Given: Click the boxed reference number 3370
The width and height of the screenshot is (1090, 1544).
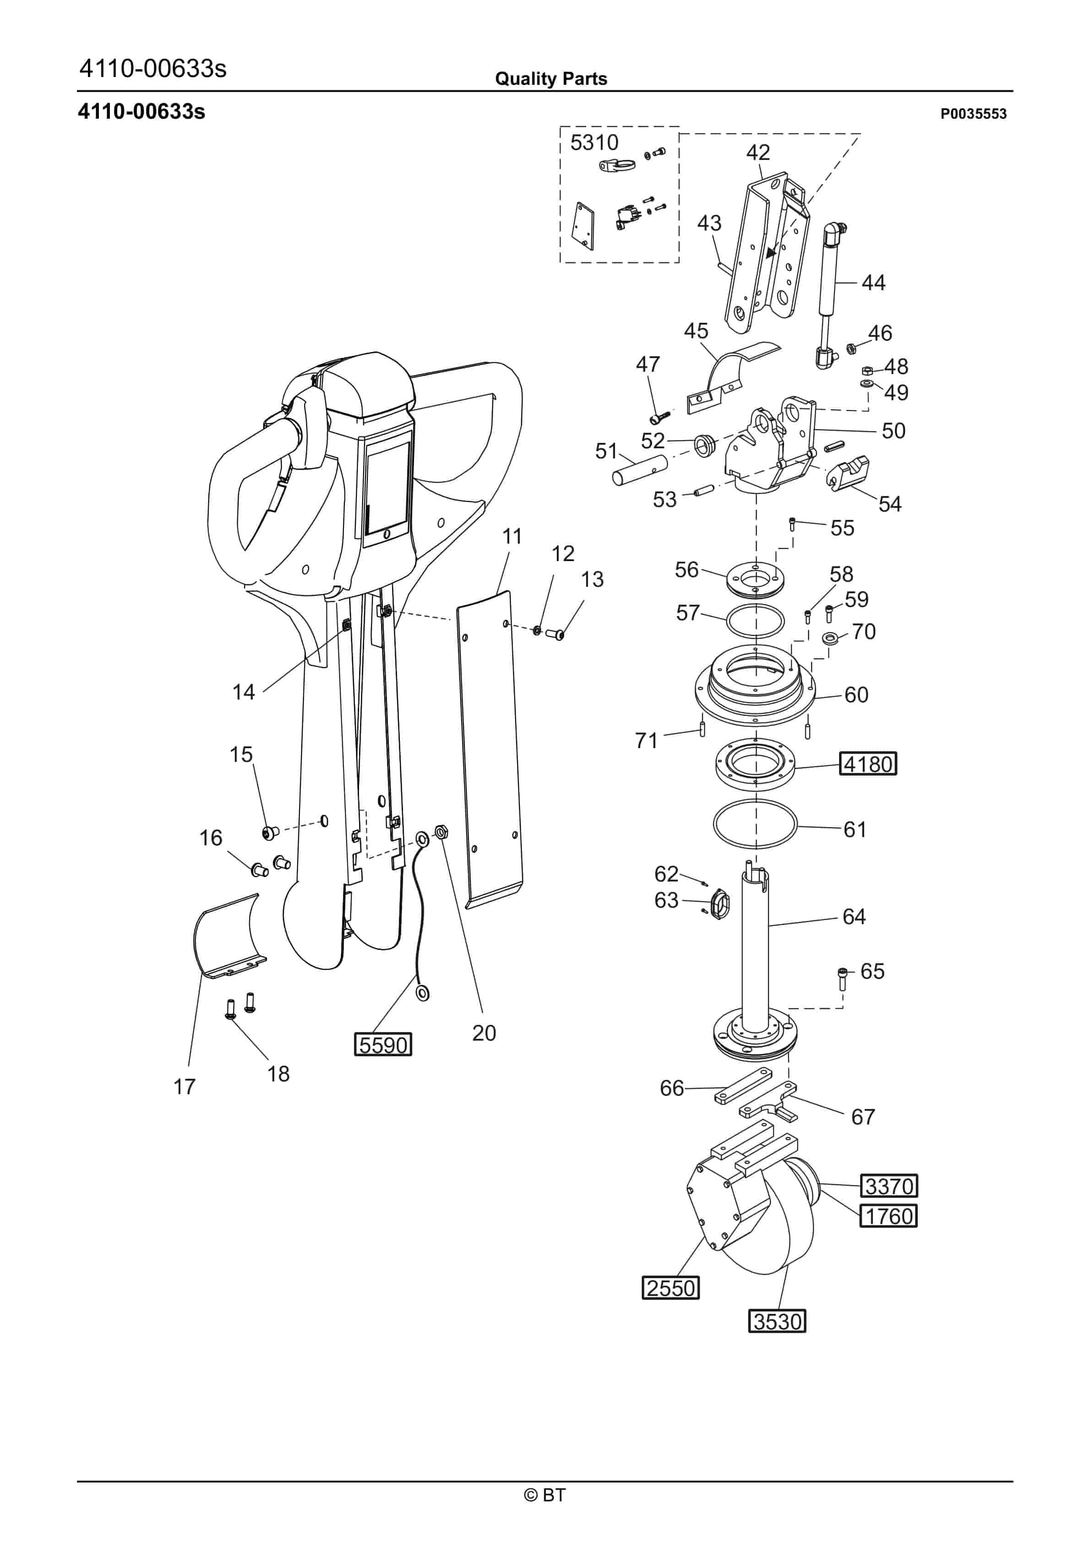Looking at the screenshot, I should (889, 1186).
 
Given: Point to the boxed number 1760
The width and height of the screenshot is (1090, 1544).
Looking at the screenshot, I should (888, 1216).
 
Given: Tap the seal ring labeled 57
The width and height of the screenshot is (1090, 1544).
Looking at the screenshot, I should (755, 620).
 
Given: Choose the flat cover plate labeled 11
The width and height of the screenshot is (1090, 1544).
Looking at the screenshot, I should (489, 746).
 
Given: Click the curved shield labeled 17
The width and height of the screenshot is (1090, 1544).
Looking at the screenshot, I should (225, 938).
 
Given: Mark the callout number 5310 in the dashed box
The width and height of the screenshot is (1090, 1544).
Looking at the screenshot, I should (594, 143).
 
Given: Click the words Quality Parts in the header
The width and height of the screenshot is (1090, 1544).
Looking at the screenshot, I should (551, 79).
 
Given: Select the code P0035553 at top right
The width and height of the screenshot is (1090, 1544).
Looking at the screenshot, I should (973, 114).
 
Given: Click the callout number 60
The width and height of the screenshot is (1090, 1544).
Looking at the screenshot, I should (856, 694).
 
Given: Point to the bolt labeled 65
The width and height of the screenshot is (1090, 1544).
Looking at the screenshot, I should (843, 978).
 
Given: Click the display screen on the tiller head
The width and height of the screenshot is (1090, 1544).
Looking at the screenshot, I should (387, 488).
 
